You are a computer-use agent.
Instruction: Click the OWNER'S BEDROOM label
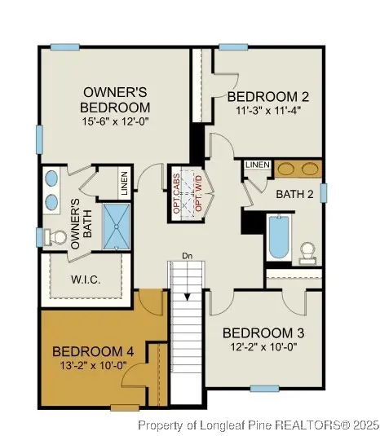(x=115, y=99)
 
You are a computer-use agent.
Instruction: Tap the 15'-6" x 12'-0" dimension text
(x=114, y=122)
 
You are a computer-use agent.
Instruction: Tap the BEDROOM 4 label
(x=93, y=351)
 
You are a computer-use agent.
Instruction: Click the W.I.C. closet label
(x=86, y=280)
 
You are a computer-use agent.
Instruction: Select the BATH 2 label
(x=294, y=194)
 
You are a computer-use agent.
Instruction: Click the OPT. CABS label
(x=176, y=194)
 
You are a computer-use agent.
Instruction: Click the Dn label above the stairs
(x=186, y=255)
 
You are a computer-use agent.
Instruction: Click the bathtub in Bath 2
(x=278, y=236)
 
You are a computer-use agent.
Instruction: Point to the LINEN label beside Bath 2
(x=257, y=165)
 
